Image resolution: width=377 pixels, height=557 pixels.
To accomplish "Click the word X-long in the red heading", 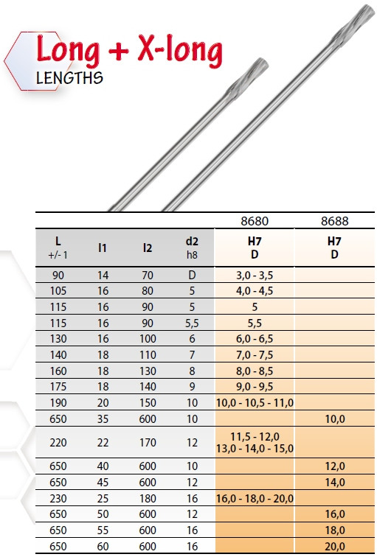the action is coord(180,51).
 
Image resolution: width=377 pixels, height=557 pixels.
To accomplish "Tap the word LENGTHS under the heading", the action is coord(69,78).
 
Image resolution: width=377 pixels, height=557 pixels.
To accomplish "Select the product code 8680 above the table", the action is coord(255,221).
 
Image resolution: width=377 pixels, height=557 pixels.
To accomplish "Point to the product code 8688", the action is coord(334,221).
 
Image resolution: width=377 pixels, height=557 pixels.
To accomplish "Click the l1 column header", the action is coord(103,248).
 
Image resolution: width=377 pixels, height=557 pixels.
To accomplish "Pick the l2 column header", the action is coord(148,248).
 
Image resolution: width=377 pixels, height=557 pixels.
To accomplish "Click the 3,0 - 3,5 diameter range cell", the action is coord(255,276).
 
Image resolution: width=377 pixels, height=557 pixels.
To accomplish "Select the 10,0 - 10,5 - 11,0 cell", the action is coord(255,403).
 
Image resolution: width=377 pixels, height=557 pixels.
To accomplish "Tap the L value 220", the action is coord(58,443).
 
